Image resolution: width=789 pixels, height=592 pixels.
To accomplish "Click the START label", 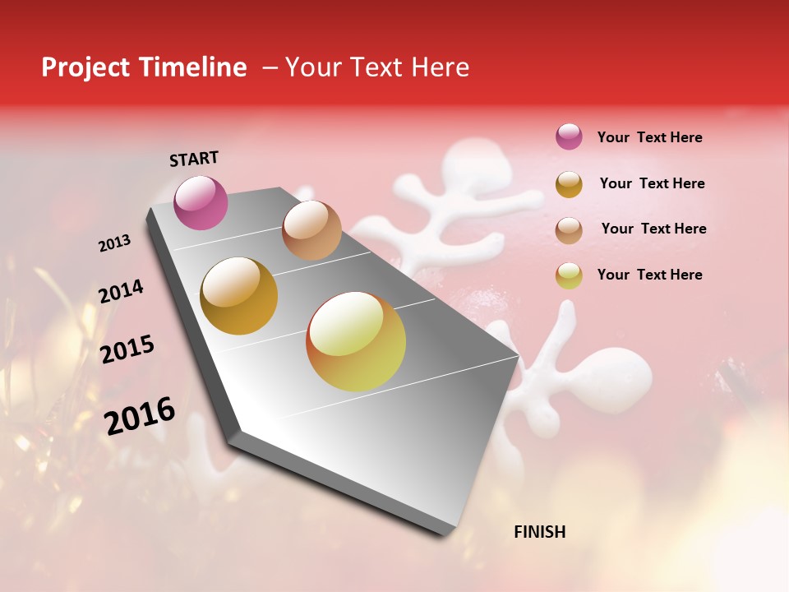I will click(194, 159).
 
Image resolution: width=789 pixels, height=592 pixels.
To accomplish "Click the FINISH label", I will click(539, 532).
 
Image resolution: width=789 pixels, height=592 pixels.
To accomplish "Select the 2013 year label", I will click(114, 243).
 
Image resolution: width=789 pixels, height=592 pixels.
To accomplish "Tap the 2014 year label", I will click(121, 292).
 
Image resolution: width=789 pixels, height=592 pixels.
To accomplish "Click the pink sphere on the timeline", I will click(201, 202).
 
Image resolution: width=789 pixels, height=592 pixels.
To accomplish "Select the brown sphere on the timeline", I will click(311, 230).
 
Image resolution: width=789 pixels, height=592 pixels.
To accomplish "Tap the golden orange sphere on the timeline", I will click(239, 296).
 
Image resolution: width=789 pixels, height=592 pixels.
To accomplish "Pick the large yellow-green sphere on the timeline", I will click(356, 341).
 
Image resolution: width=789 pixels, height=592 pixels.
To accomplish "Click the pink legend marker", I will click(569, 137).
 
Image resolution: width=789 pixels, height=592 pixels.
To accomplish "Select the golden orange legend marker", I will click(569, 184).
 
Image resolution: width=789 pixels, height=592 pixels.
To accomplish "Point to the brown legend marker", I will click(569, 229).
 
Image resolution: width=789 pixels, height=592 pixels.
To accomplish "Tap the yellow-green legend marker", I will click(569, 275).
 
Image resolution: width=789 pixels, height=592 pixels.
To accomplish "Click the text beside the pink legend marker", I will click(649, 137).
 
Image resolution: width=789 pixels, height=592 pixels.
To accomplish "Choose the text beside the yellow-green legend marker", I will click(649, 275).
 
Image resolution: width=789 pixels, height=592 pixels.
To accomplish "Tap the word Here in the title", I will click(440, 67).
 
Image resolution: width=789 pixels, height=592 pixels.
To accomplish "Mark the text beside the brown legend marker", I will click(653, 229).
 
